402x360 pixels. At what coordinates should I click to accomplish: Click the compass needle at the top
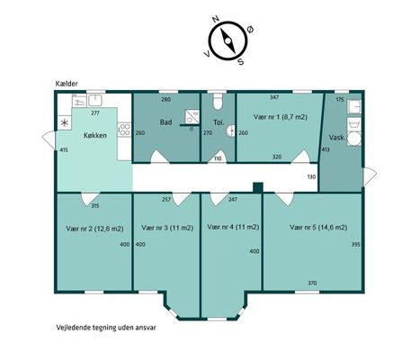228,40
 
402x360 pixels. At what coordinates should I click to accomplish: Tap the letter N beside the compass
215,19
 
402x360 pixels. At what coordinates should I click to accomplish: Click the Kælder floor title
67,84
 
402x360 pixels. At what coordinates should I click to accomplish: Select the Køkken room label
95,136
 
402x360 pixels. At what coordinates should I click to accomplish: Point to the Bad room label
165,122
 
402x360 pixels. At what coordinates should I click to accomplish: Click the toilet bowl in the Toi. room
218,102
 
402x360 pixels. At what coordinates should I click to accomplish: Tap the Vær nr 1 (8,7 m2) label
281,117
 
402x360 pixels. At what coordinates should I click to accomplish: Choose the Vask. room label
337,138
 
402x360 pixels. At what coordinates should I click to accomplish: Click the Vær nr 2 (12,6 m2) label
94,229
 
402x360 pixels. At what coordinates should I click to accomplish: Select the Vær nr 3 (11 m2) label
167,228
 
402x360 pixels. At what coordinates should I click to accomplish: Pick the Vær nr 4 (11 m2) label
233,227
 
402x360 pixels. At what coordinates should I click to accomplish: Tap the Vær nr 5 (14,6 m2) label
318,228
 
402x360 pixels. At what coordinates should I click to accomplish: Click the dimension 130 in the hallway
311,177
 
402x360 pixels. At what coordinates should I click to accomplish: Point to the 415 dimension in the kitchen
64,149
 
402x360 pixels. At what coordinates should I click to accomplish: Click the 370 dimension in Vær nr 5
312,283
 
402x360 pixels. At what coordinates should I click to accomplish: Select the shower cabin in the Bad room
192,117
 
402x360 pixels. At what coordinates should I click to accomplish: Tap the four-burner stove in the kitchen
124,130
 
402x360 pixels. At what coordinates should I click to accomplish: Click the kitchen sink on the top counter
94,100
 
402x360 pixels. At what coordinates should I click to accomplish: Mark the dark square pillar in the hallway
258,187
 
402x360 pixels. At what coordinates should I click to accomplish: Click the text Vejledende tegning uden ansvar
106,328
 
